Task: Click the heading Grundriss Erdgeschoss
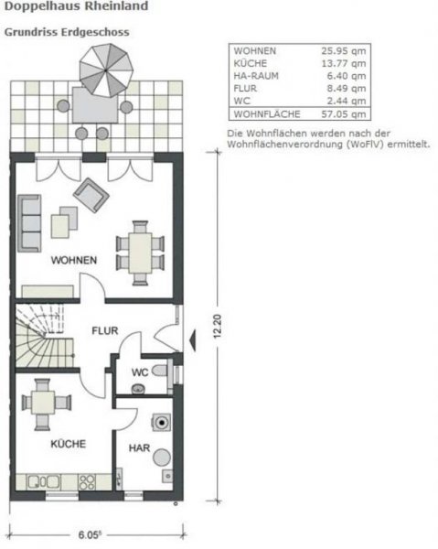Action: coord(66,31)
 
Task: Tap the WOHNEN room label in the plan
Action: coord(73,260)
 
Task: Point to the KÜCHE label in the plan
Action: coord(69,444)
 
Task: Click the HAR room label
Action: coord(139,448)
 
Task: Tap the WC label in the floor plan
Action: coord(139,372)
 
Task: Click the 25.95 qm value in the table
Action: coord(347,50)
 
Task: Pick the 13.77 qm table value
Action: coord(347,63)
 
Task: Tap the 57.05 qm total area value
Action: coord(347,115)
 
